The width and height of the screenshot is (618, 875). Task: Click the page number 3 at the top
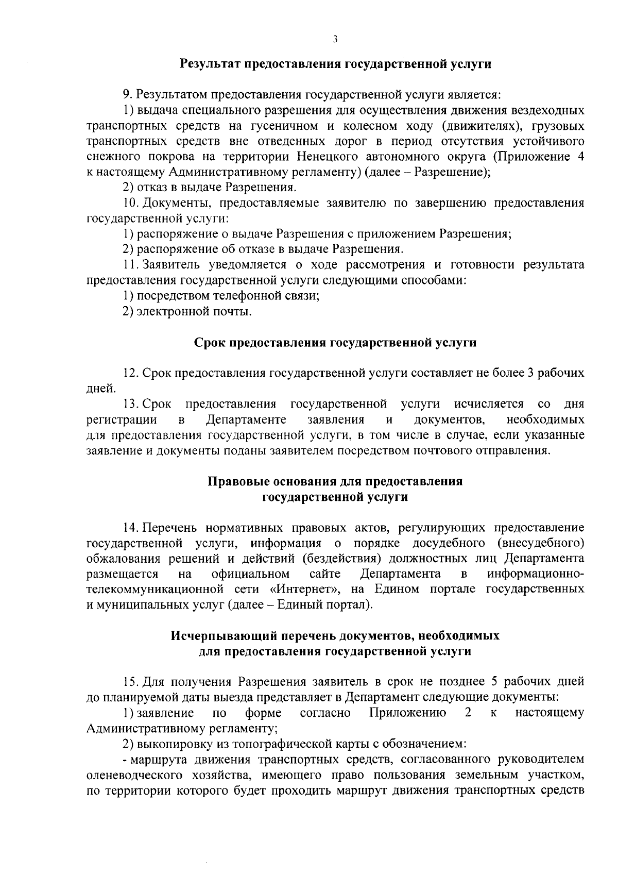tap(335, 39)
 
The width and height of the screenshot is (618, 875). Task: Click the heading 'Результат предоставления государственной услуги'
tap(335, 64)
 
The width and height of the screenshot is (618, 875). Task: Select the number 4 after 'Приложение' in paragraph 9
tap(580, 157)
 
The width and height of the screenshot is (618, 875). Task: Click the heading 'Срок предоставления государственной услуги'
tap(335, 343)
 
